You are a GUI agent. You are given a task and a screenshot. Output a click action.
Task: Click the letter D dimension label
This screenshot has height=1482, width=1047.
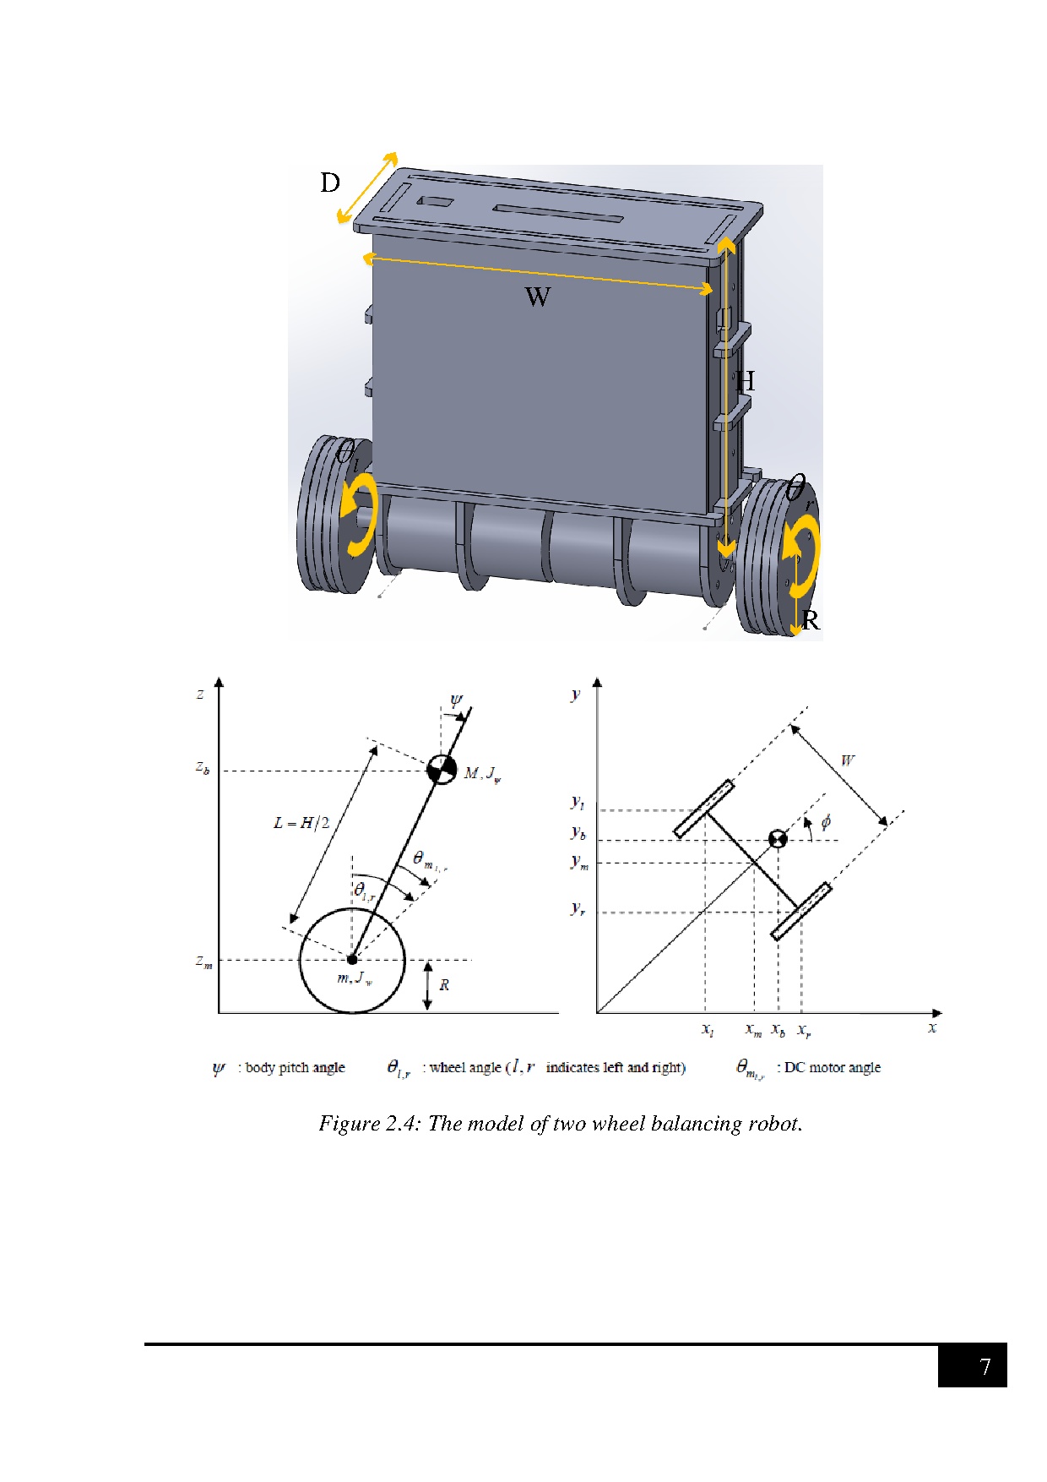pos(330,183)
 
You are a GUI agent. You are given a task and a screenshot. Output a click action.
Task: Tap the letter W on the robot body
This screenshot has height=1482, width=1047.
pos(538,297)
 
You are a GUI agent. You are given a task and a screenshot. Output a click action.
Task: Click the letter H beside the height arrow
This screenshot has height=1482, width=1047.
pos(745,382)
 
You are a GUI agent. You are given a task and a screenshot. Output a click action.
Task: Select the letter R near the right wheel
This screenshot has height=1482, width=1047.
pos(811,621)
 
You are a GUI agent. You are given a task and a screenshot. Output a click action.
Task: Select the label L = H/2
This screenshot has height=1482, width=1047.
pos(301,823)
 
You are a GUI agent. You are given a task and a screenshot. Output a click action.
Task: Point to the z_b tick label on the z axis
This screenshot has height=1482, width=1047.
pos(203,768)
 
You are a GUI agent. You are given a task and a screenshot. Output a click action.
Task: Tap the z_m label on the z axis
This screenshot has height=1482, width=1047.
pos(203,962)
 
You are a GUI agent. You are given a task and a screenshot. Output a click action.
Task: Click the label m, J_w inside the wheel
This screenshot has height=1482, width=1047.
pos(355,978)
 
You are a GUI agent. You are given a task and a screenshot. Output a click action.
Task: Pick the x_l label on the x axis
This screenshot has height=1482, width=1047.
pos(708,1030)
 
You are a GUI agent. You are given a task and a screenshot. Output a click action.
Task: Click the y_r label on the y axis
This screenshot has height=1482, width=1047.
pos(578,908)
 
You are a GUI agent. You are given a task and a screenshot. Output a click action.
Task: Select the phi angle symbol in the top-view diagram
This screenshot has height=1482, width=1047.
pos(826,822)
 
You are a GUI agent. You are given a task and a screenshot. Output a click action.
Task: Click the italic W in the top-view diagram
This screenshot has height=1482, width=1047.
pos(847,760)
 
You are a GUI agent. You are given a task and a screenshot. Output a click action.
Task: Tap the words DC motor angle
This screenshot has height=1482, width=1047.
pos(832,1068)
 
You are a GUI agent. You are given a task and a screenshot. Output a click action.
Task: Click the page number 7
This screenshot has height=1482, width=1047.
pos(985,1367)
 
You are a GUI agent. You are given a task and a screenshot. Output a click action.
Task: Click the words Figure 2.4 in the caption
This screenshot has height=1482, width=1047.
pos(368,1124)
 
